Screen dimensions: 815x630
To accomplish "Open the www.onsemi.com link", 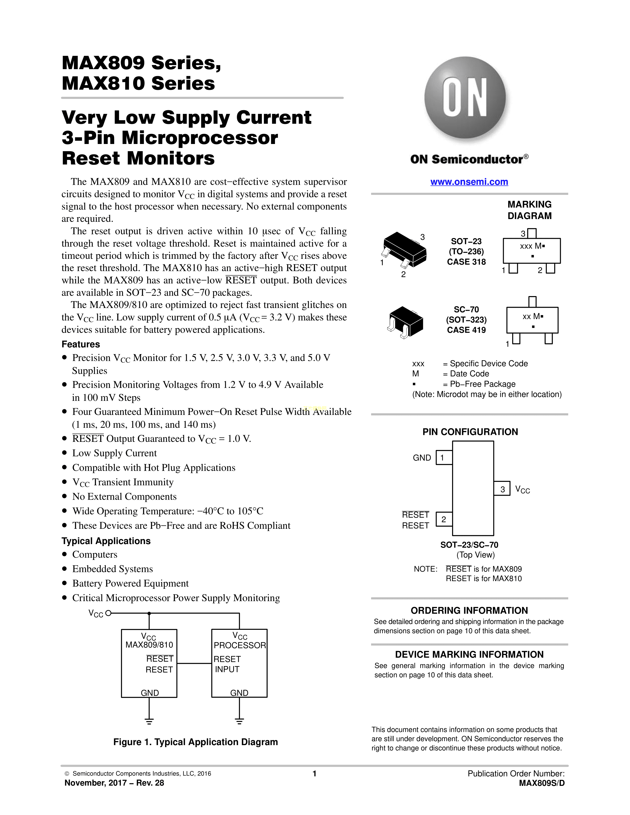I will coord(469,182).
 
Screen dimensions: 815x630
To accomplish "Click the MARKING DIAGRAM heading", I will coord(529,210).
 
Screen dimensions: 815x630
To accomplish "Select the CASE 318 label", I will coord(466,262).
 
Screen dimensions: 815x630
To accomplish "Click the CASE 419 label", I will coord(466,330).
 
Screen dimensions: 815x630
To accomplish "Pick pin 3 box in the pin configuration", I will coord(502,489).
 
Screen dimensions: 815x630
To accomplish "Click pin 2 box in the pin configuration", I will coord(444,519).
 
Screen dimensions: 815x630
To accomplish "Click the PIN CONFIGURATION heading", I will coord(470,432).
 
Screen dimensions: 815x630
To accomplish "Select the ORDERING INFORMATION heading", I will coord(469,611).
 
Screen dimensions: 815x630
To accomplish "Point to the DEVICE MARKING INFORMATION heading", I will coord(469,654).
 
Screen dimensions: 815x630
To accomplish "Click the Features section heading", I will coord(81,344).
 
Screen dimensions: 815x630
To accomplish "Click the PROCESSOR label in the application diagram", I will coord(240,645).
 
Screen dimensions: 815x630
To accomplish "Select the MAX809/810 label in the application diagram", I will coord(149,645).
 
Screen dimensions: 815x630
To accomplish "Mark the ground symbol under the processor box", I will coord(239,721).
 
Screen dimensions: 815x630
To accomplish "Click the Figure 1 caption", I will coord(196,742).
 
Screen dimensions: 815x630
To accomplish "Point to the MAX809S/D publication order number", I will coord(542,783).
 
